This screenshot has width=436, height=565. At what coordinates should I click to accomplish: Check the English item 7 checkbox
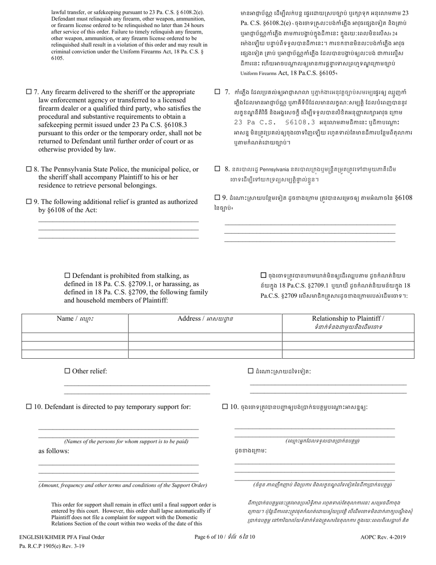(x=29, y=92)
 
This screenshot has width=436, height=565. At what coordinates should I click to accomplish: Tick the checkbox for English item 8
(x=29, y=169)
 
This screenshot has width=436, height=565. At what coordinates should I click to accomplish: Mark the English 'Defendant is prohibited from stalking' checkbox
(x=67, y=276)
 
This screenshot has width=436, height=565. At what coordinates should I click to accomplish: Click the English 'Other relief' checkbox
(x=67, y=371)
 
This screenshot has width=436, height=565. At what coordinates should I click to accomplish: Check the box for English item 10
(x=29, y=407)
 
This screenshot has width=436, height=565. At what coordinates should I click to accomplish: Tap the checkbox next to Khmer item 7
(x=217, y=92)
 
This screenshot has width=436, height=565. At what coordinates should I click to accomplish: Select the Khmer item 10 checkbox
(x=225, y=407)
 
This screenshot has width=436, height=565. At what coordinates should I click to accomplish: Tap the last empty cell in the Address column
(x=205, y=354)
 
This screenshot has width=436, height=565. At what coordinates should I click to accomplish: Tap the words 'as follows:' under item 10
(x=54, y=451)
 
